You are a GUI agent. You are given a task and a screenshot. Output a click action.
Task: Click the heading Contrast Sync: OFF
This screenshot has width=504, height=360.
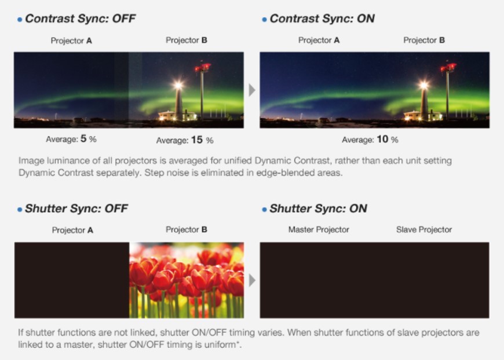[x=81, y=19]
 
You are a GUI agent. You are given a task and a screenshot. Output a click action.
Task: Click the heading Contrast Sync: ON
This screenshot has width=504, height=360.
[x=322, y=19]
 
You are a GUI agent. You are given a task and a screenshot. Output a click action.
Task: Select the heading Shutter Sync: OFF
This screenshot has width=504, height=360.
[x=76, y=209]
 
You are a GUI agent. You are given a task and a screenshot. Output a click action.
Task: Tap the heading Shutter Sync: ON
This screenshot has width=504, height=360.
[x=318, y=209]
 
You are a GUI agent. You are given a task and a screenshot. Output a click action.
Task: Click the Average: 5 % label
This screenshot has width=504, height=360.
[x=71, y=139]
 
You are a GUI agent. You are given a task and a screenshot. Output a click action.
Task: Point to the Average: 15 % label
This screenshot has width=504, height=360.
[x=185, y=140]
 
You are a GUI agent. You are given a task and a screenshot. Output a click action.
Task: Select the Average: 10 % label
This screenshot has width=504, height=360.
[x=370, y=139]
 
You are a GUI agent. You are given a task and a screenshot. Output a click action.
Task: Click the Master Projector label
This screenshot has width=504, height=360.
[x=319, y=230]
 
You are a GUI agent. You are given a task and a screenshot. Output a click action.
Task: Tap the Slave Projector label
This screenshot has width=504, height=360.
[x=424, y=230]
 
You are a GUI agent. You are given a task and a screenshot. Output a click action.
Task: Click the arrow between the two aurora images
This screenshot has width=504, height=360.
[x=252, y=90]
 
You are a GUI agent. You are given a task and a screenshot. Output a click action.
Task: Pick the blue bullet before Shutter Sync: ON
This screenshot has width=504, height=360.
[x=264, y=210]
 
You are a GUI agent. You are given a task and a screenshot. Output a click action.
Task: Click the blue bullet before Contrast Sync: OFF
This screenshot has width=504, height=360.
[x=20, y=20]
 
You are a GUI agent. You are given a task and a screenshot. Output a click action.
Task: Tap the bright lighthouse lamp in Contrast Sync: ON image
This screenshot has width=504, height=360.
[x=423, y=86]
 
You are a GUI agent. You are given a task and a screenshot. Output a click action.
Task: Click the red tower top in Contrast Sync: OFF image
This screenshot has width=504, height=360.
[x=203, y=68]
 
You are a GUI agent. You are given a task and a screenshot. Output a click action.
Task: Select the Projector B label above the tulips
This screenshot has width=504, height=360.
[x=187, y=230]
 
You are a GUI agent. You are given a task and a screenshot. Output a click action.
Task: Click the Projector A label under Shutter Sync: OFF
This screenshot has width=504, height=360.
[x=72, y=230]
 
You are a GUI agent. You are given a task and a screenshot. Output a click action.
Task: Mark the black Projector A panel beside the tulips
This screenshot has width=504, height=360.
[x=72, y=280]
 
